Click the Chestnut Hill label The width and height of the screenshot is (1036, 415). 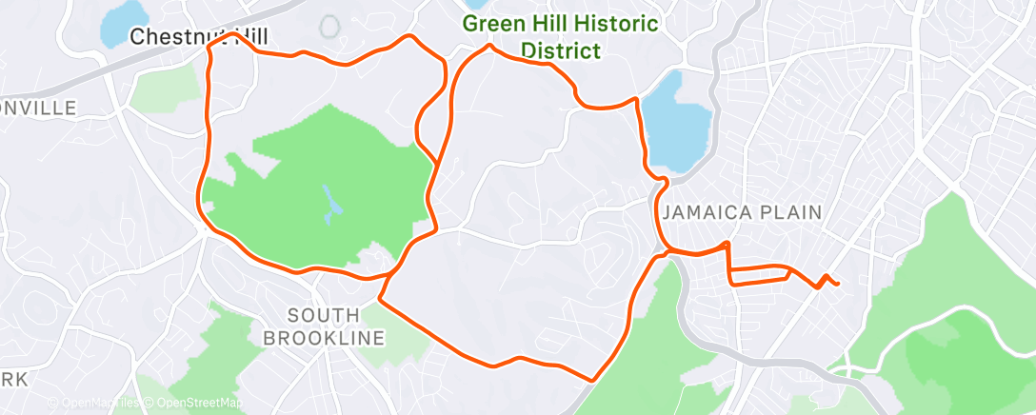pyautogui.click(x=197, y=37)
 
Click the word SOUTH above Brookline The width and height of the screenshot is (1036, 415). pyautogui.click(x=324, y=315)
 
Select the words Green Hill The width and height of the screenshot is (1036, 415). pyautogui.click(x=510, y=25)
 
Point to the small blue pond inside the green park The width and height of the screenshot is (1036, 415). pyautogui.click(x=329, y=202)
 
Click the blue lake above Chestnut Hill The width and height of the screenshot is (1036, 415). pyautogui.click(x=125, y=20)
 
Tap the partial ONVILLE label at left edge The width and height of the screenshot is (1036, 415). pyautogui.click(x=38, y=108)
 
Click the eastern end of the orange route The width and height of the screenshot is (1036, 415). pyautogui.click(x=837, y=283)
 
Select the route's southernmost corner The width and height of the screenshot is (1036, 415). pyautogui.click(x=593, y=380)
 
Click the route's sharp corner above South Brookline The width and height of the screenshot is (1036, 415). pyautogui.click(x=381, y=300)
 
